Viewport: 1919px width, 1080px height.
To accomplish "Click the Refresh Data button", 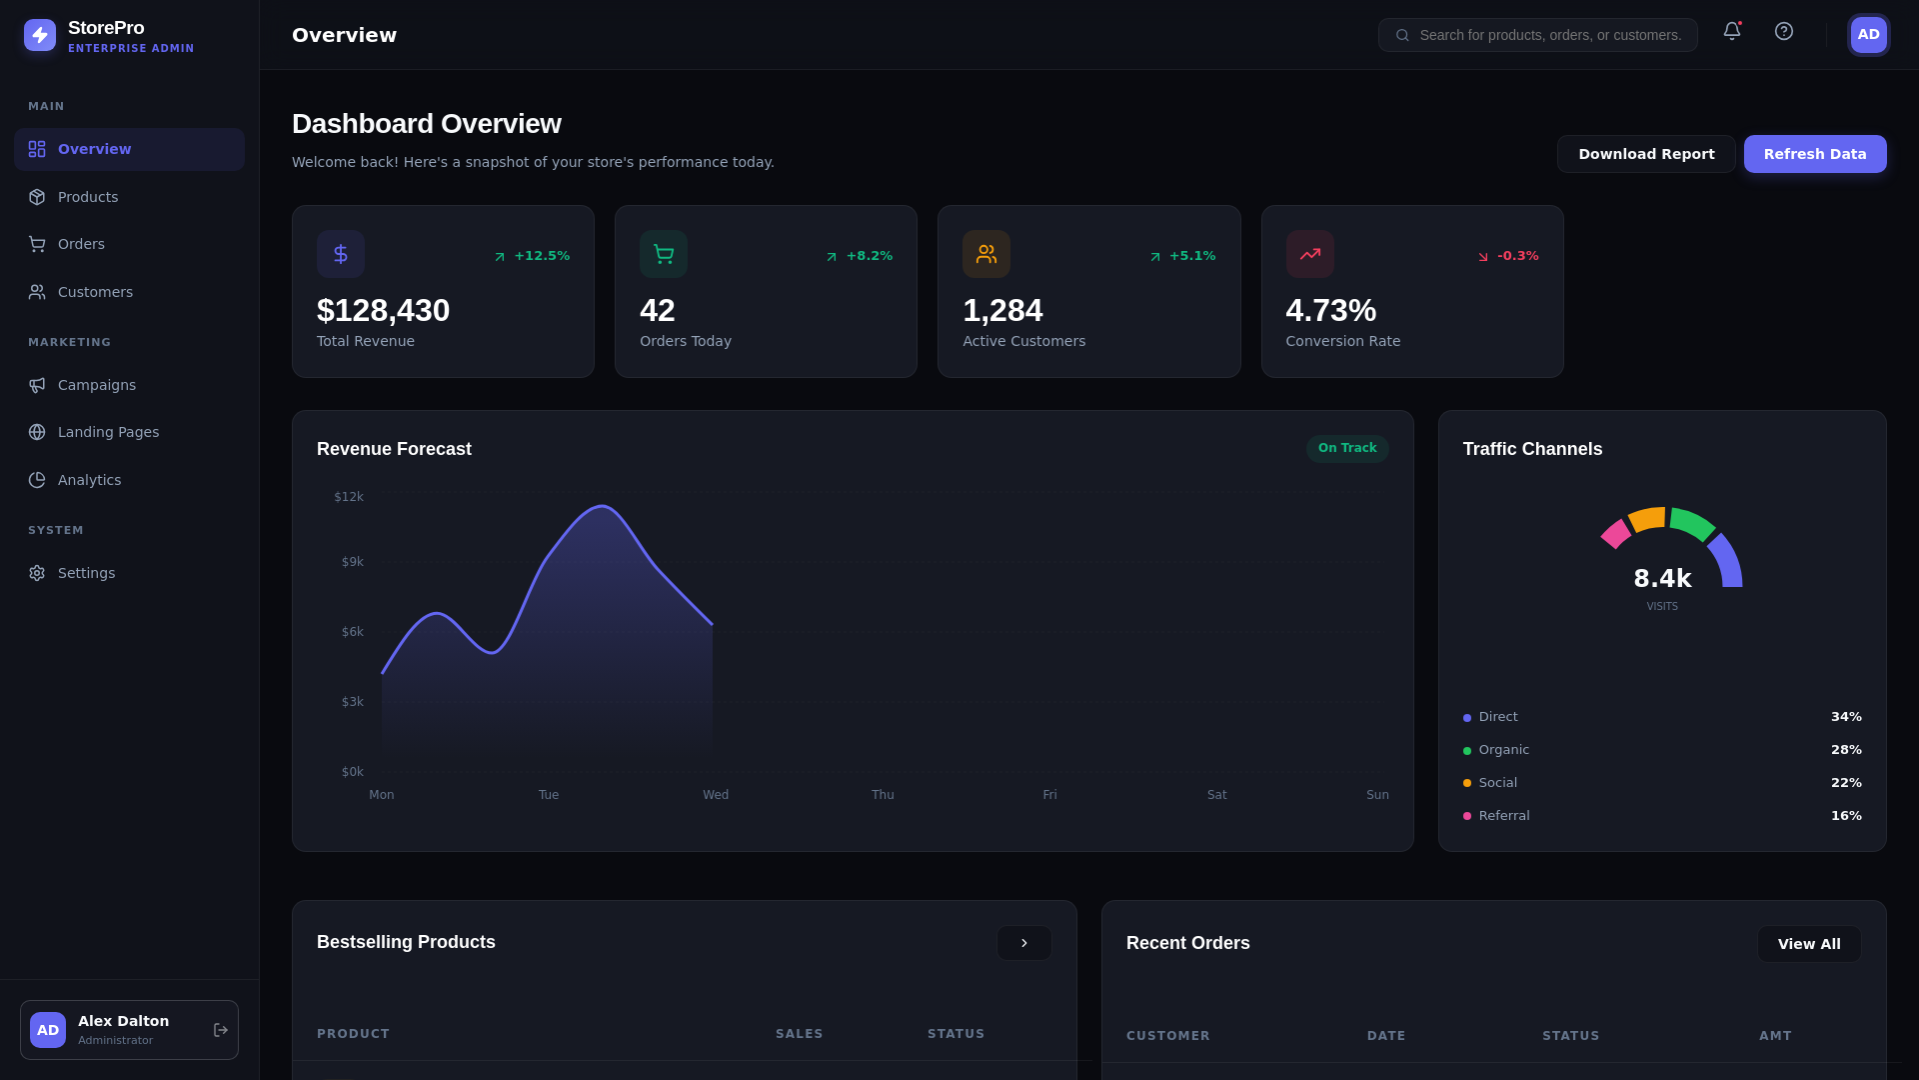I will point(1814,154).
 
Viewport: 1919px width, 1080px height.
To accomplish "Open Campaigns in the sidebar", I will point(96,385).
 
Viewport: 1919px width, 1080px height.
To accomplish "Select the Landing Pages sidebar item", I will point(108,432).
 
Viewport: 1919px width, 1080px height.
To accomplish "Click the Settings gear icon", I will point(37,573).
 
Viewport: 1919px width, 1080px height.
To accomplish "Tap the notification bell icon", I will point(1731,32).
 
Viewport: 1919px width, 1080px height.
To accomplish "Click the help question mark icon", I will point(1783,32).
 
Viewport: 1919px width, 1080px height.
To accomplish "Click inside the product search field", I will point(1549,35).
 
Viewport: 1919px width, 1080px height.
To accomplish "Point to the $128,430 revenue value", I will point(383,311).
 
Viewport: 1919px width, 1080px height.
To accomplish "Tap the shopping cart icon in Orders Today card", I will point(663,254).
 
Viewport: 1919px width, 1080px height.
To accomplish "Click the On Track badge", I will point(1346,448).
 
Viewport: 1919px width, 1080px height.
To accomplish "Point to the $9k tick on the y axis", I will point(352,562).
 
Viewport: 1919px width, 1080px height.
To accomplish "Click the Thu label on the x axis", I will point(882,795).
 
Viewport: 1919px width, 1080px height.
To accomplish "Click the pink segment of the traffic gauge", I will point(1615,534).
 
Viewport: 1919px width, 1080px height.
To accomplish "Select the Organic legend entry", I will point(1503,750).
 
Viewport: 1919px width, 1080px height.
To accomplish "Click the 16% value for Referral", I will point(1845,816).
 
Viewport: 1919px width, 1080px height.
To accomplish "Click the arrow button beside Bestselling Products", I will point(1023,943).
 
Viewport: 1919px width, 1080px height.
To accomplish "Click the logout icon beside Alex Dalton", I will point(220,1030).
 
